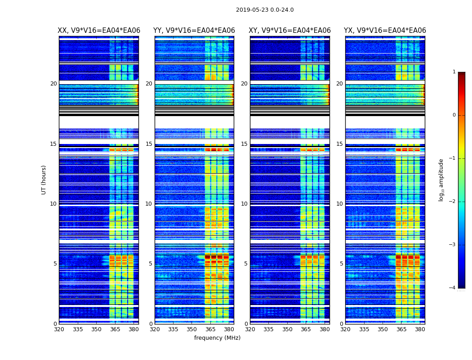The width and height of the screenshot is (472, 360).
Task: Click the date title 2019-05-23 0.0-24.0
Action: [x=265, y=10]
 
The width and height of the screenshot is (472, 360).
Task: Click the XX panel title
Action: [x=99, y=31]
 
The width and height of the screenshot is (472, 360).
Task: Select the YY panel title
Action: [x=194, y=31]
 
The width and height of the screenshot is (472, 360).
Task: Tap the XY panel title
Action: [x=290, y=31]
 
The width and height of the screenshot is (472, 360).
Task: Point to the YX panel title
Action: [x=385, y=31]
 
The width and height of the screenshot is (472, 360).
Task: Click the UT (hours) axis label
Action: [x=44, y=180]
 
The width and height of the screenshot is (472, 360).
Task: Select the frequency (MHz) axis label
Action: [x=217, y=338]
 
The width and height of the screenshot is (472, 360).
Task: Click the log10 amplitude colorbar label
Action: [x=441, y=180]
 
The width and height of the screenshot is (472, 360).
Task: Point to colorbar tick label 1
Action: [x=454, y=72]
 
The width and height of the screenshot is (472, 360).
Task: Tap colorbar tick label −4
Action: [x=453, y=288]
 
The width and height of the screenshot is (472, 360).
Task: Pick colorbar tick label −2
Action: [x=453, y=202]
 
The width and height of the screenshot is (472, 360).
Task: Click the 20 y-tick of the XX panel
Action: [x=53, y=84]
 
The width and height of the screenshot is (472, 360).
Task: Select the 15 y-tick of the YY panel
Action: [x=149, y=144]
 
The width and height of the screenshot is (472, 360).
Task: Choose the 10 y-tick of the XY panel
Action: [x=244, y=204]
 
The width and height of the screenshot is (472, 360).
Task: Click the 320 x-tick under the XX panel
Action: [x=59, y=329]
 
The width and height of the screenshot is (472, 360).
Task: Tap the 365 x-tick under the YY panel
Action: [x=210, y=329]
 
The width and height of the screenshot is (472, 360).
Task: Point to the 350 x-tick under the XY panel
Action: [x=287, y=329]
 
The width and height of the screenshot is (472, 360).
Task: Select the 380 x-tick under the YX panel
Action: [x=420, y=329]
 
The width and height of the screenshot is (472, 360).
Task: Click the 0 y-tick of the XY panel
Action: [x=246, y=324]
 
